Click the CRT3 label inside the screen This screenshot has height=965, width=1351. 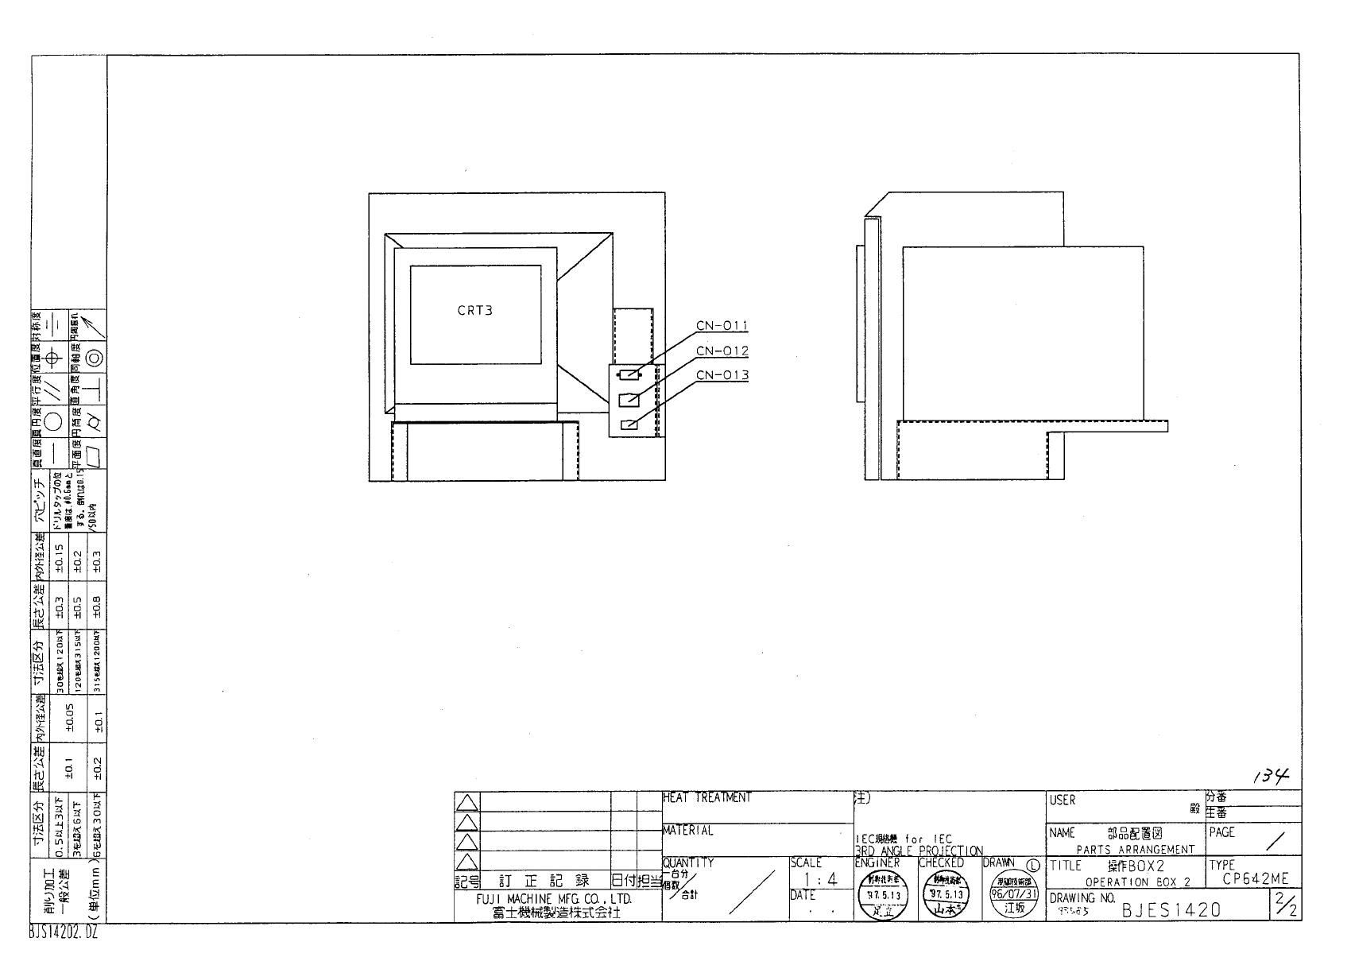pos(474,310)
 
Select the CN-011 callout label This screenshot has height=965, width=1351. pos(722,326)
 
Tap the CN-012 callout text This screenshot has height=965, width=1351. pos(722,351)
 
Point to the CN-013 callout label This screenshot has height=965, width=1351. pos(722,375)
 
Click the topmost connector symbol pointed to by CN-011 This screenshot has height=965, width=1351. pos(629,374)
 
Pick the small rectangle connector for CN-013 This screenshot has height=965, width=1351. pos(629,424)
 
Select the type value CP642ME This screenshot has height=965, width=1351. pos(1255,879)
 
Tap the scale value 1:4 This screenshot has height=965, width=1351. pos(821,880)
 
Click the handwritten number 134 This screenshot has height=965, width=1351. pos(1271,776)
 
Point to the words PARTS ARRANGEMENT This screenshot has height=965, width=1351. pos(1135,849)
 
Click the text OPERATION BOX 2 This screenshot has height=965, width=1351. pos(1137,882)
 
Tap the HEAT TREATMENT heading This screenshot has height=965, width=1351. pos(706,797)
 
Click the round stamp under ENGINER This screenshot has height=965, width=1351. pos(885,895)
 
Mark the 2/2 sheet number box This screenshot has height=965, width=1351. pos(1285,905)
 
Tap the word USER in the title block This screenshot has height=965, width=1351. pos(1062,800)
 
